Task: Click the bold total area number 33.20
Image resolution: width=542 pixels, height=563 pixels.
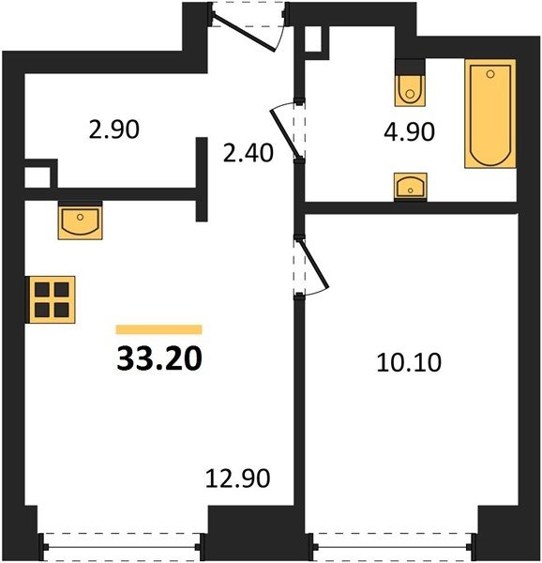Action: point(159,358)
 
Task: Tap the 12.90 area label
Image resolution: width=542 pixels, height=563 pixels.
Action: point(237,479)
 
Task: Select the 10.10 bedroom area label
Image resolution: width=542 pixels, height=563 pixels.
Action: point(409,362)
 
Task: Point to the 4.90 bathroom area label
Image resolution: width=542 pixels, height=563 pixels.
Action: point(409,131)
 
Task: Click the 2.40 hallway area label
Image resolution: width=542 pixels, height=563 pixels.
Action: point(248,153)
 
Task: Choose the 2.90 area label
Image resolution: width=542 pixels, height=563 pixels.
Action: point(113,129)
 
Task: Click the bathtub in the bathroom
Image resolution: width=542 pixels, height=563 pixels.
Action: point(490,114)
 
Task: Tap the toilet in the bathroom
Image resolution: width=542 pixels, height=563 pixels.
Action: point(410,90)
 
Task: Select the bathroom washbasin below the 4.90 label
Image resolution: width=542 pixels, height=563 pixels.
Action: point(411,186)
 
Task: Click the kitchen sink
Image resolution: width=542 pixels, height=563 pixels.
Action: point(81,221)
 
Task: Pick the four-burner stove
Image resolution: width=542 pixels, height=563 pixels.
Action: point(51,300)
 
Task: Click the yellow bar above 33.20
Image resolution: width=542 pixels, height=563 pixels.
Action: point(158,329)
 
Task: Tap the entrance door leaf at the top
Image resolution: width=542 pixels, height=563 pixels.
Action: point(244,31)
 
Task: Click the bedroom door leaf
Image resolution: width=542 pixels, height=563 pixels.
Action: point(313,265)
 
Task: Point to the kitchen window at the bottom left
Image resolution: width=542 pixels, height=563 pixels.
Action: point(121,547)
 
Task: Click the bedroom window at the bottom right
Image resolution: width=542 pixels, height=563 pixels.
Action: point(392,547)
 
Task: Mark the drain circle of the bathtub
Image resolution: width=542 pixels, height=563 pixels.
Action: point(490,74)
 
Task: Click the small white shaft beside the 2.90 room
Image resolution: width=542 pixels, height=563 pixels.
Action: point(38,177)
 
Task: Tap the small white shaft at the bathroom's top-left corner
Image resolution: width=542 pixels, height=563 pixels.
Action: point(313,39)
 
